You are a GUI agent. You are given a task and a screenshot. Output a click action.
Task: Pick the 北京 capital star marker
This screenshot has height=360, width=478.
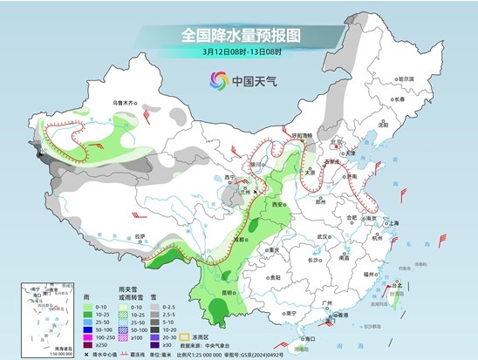pyautogui.click(x=332, y=144)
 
